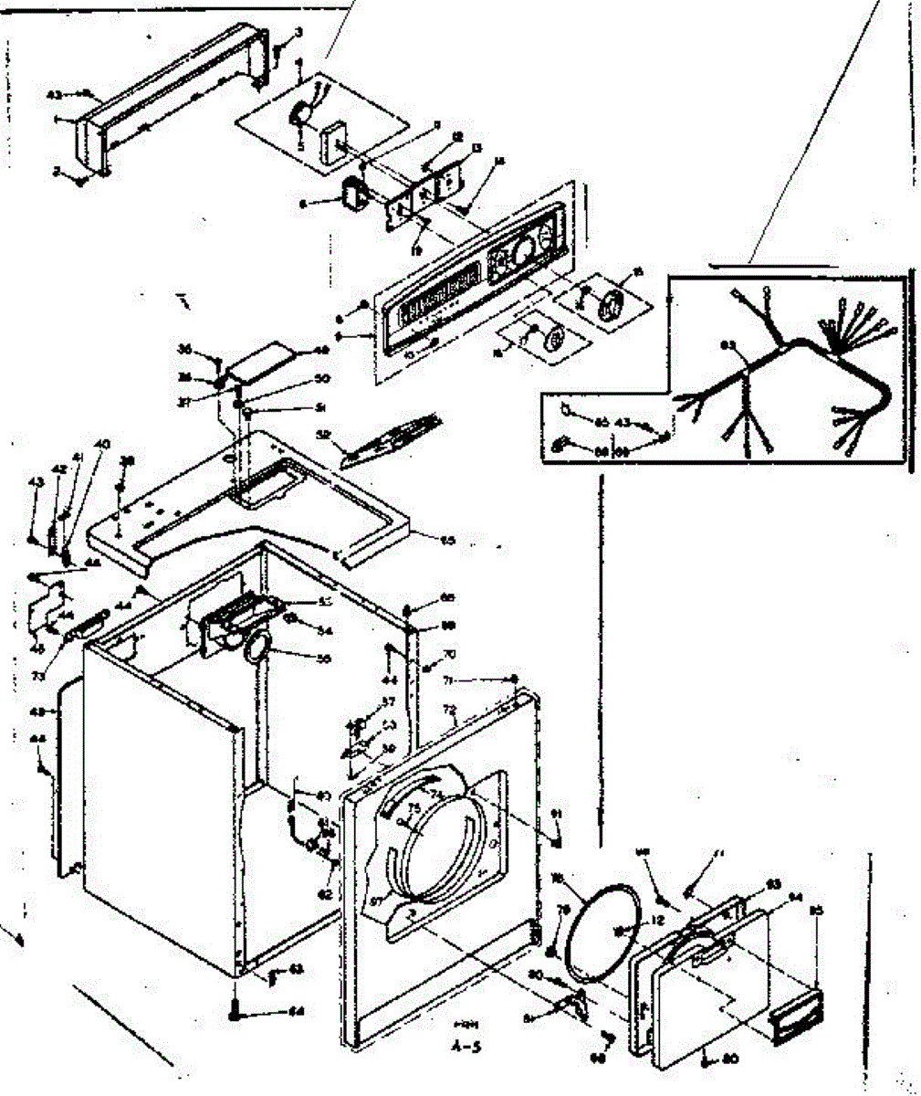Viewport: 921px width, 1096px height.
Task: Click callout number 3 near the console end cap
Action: coord(298,34)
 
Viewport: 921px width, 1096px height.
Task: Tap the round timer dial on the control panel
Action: coord(522,248)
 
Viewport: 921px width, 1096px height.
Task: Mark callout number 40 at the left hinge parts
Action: coord(102,444)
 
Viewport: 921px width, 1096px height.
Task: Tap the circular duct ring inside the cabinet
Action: coord(256,647)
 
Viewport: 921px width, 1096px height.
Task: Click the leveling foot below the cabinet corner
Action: coord(235,1012)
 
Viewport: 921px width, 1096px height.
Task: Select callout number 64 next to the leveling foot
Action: coord(296,1011)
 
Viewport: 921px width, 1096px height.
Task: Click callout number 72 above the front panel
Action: coord(449,710)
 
